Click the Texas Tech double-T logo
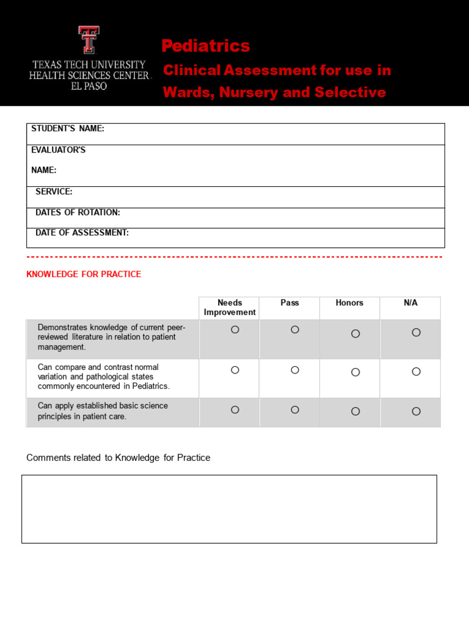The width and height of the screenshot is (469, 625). point(89,40)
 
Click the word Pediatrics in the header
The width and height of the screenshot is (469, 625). point(206,46)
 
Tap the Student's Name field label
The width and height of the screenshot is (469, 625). point(68,129)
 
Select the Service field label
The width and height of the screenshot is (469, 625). point(54,192)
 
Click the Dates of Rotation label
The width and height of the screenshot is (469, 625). point(78,212)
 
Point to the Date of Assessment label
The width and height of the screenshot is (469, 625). point(82,233)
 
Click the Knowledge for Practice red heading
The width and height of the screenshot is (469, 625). point(84,274)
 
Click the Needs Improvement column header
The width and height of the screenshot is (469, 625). point(230,308)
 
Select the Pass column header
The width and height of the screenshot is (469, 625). point(289,303)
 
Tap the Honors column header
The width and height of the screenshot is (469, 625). point(349,303)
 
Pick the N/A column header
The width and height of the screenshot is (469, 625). point(410,303)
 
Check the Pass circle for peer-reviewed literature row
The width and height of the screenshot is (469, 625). point(295,330)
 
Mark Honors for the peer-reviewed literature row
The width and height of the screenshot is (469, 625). point(355,334)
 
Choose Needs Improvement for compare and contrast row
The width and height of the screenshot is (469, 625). point(235,370)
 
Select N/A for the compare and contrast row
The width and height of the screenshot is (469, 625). point(416,372)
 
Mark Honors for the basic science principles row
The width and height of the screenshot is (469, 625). point(355,411)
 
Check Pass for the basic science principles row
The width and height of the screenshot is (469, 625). point(295,410)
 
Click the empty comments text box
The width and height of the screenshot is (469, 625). point(229,509)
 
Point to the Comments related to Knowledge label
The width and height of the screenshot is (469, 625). point(118,458)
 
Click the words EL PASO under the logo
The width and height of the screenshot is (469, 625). point(89,87)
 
